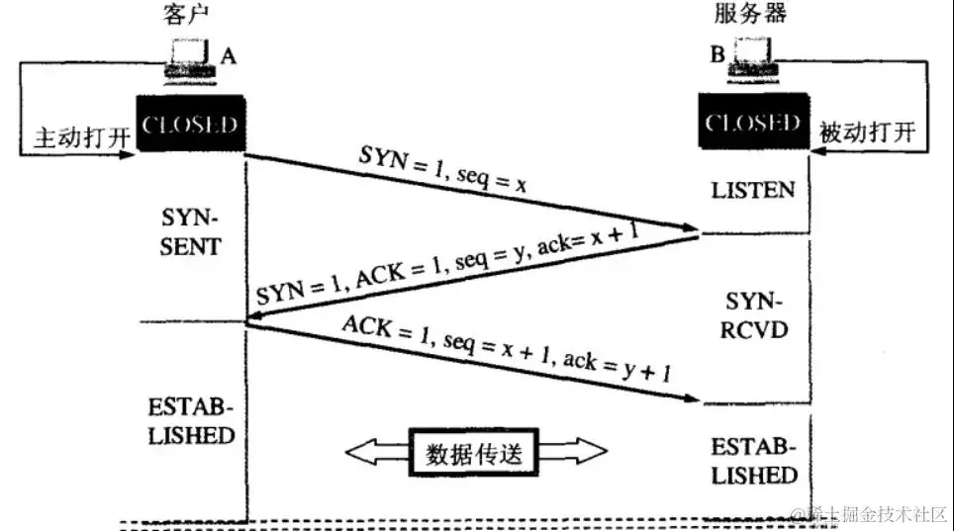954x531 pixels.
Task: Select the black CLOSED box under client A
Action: (190, 126)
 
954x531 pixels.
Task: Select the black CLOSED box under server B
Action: (753, 125)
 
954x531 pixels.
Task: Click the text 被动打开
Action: (868, 133)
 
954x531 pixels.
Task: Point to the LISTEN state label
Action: (752, 189)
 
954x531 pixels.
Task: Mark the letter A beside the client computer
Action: (229, 56)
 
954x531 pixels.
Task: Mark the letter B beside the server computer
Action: (715, 54)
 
